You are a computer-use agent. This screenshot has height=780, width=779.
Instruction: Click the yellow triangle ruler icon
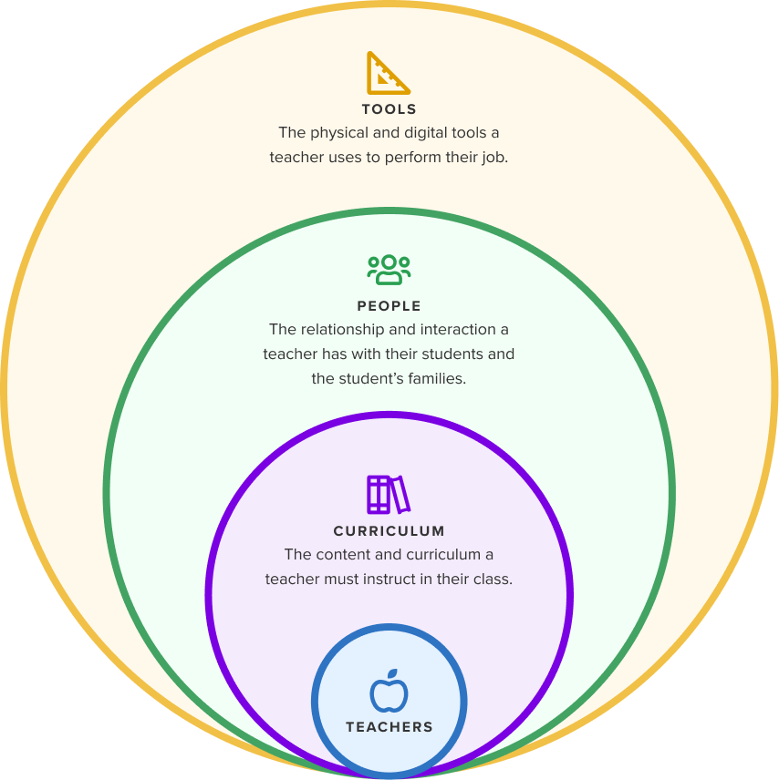(x=388, y=74)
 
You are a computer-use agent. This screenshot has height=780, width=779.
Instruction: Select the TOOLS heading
(x=389, y=109)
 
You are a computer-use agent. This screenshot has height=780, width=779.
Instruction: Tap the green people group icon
(x=389, y=270)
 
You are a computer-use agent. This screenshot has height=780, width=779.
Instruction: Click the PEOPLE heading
(x=389, y=306)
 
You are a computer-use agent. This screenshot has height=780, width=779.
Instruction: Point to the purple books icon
(x=389, y=495)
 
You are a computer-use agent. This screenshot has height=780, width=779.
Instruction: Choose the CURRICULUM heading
(x=389, y=531)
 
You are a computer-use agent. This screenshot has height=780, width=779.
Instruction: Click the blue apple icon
(x=389, y=694)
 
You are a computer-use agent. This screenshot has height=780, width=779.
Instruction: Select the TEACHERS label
(x=389, y=727)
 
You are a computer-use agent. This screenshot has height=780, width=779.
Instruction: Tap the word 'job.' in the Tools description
(x=493, y=157)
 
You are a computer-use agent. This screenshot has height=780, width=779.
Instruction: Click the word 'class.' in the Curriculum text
(x=493, y=579)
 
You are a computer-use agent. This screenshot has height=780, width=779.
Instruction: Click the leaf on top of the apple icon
(x=394, y=675)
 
